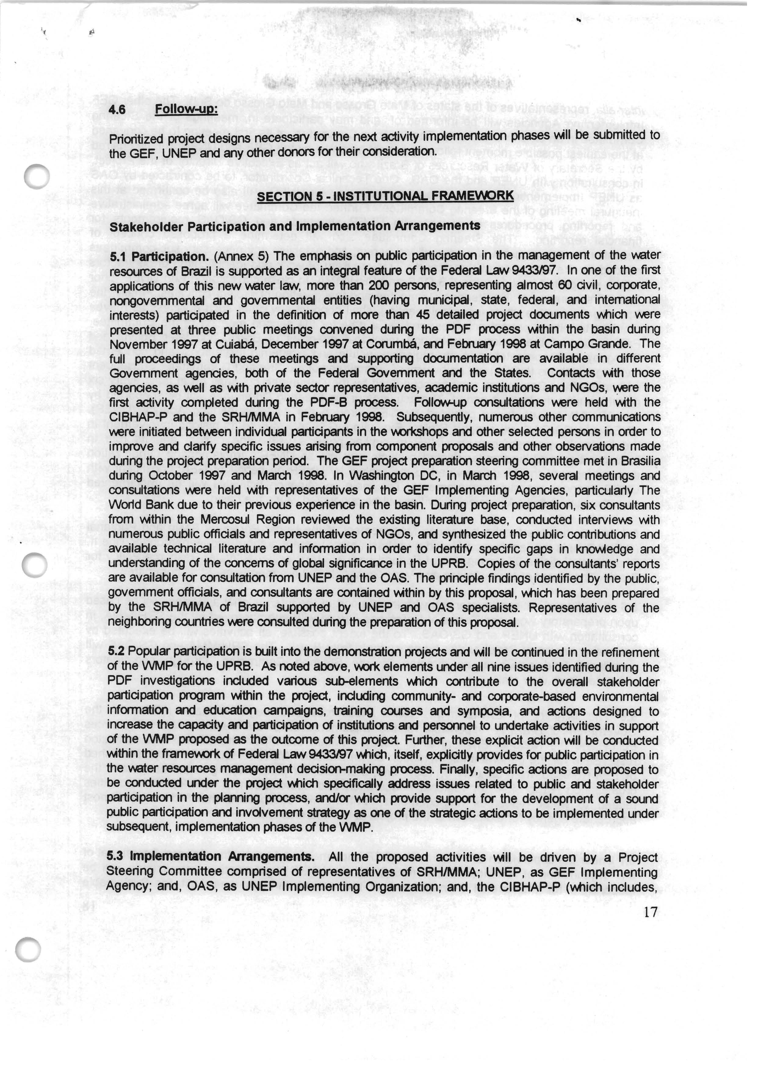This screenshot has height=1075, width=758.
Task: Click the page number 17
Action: click(x=650, y=912)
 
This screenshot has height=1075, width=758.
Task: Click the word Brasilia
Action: click(x=641, y=461)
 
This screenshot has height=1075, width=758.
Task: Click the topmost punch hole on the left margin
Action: click(x=37, y=177)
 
